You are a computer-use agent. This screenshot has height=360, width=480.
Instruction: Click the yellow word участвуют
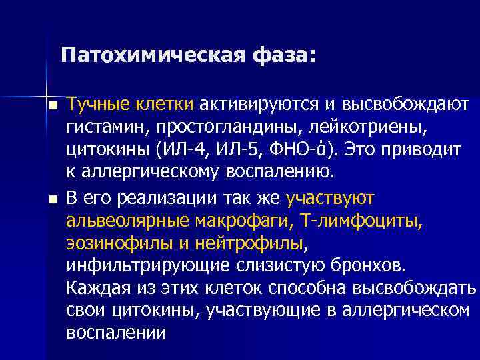pyautogui.click(x=330, y=198)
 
